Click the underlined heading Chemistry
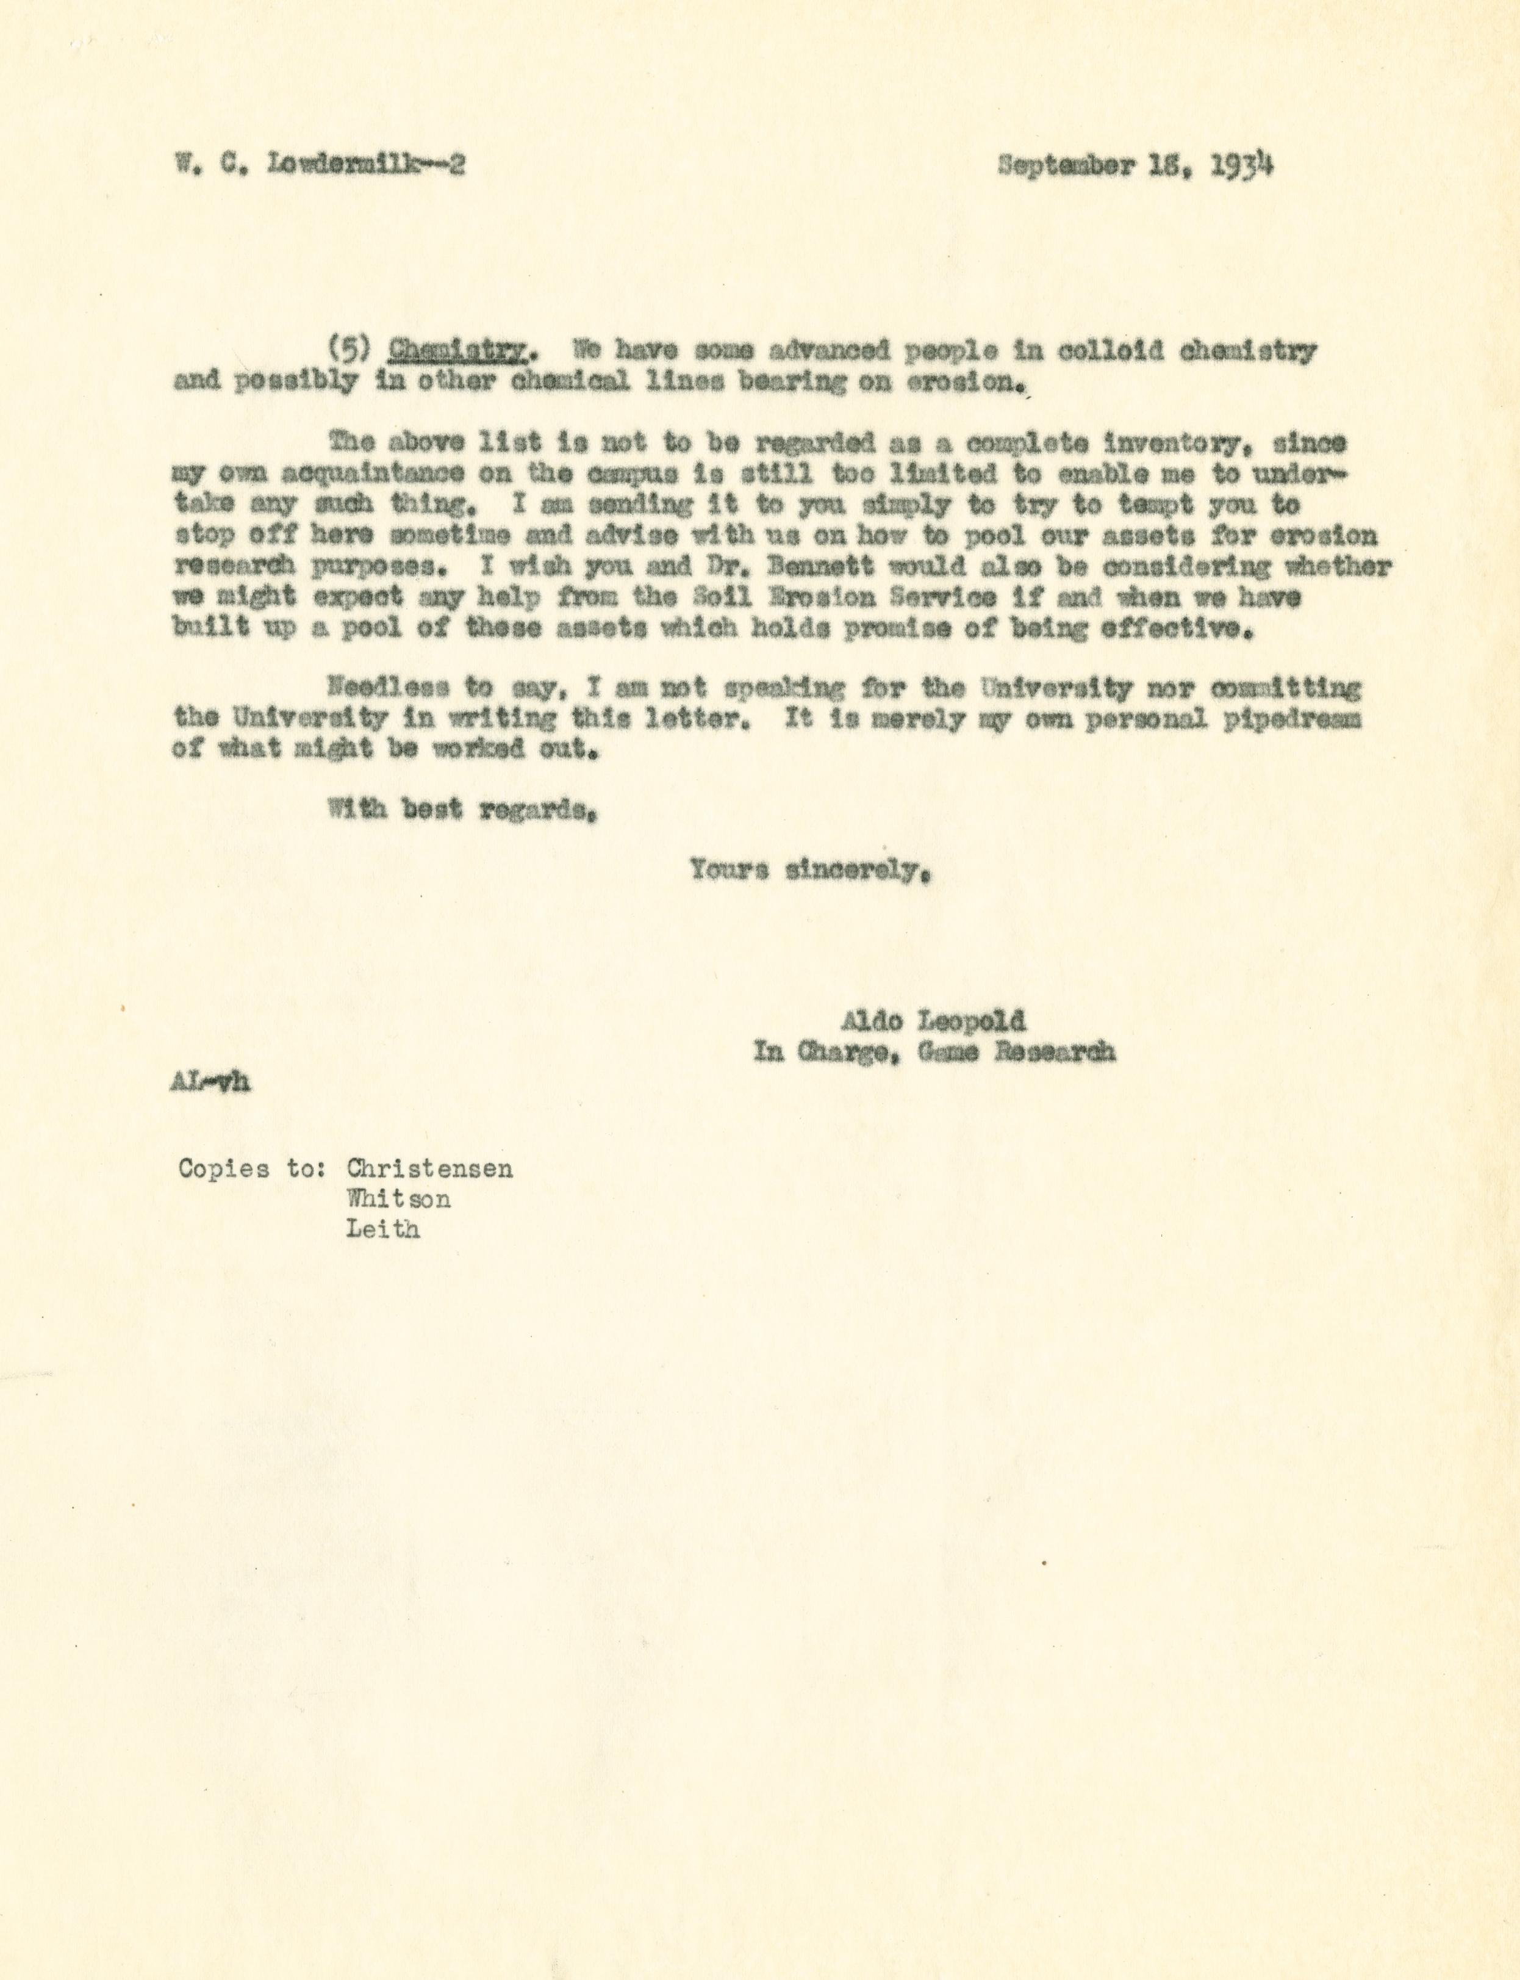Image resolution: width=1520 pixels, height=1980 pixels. (x=457, y=351)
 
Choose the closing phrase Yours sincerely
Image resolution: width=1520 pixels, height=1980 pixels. (x=810, y=871)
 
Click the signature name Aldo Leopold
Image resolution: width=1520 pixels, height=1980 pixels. (x=933, y=1021)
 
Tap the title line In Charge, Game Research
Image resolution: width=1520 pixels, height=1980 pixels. (x=934, y=1053)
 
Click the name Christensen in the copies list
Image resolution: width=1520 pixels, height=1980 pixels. (x=429, y=1169)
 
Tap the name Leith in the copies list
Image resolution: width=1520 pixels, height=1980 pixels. (x=382, y=1231)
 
